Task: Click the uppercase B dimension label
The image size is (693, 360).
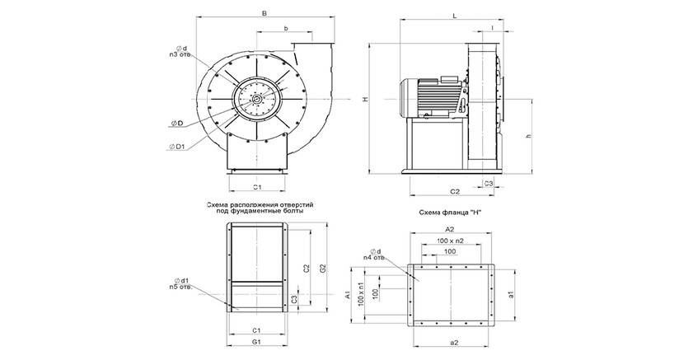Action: (262, 13)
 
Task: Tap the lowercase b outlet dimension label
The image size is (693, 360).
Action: (285, 29)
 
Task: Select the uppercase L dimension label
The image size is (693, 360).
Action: (455, 14)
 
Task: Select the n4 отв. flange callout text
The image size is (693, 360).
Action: (375, 257)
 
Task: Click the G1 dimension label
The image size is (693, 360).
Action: (257, 341)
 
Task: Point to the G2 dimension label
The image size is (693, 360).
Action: (323, 268)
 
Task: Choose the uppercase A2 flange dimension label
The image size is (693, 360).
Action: (449, 227)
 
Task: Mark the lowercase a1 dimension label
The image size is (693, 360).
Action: (512, 294)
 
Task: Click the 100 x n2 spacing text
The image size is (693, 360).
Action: (450, 240)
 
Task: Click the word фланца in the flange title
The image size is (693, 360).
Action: (452, 212)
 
